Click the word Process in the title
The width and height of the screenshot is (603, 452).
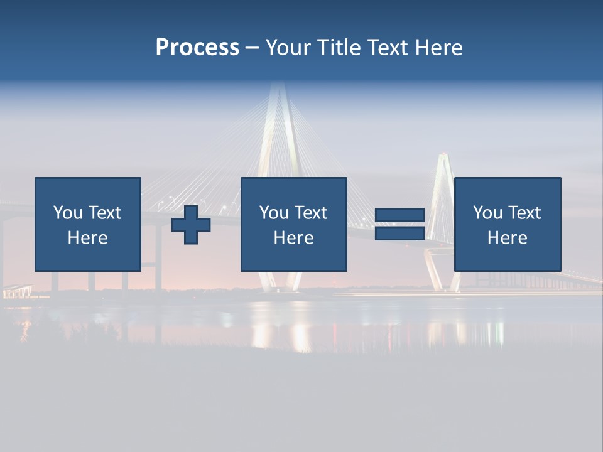197,48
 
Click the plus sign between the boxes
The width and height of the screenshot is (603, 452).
191,225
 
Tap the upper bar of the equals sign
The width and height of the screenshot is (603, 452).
399,215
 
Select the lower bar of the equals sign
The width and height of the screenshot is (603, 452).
399,233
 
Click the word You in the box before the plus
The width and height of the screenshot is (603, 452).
67,213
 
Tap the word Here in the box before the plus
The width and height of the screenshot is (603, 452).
88,238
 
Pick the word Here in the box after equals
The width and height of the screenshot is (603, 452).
508,238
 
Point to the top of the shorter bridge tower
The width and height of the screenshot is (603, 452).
445,154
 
